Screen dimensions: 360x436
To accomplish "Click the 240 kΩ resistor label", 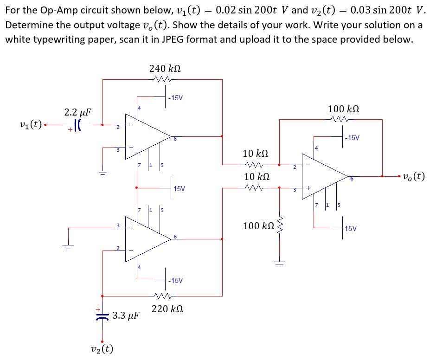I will [x=165, y=68].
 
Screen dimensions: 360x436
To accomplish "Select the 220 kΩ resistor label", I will [x=167, y=309].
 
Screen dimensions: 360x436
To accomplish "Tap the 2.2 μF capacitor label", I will [x=77, y=112].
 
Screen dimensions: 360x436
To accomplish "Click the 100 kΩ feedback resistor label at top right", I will [x=344, y=109].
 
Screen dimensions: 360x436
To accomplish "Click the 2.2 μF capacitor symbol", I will [x=78, y=125].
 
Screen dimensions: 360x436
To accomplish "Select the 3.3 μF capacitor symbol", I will [x=103, y=315].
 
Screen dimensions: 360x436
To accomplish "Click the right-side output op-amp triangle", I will [x=325, y=176].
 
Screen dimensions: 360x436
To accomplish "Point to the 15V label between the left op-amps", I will [x=179, y=188].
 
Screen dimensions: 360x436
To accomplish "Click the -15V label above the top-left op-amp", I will [x=175, y=97].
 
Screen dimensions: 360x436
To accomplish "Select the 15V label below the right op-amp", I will [x=351, y=228].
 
